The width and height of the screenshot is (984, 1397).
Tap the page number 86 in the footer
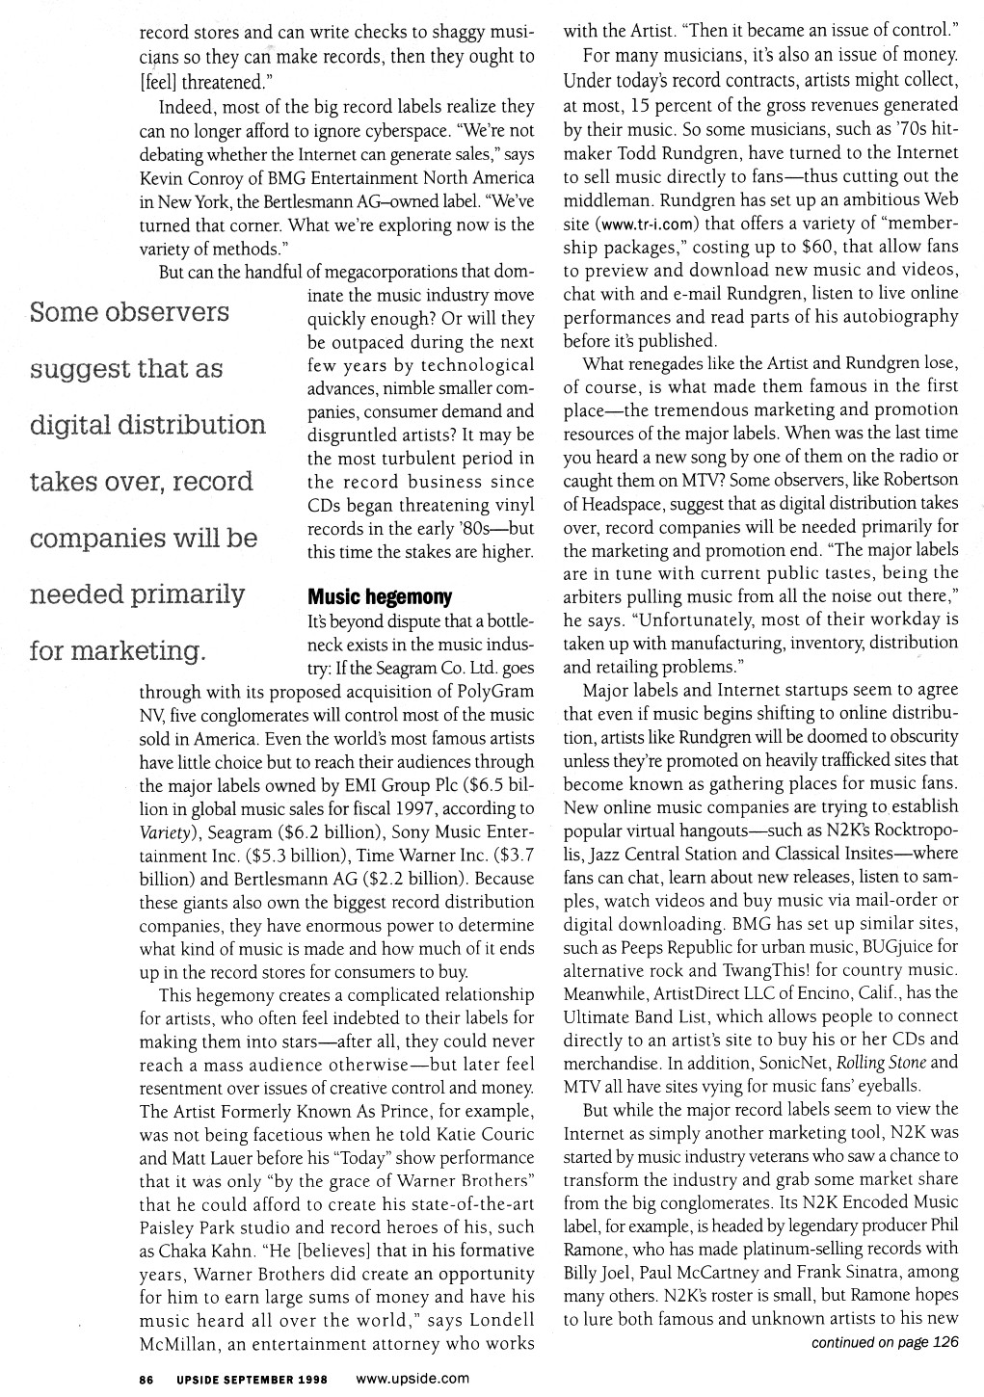[x=146, y=1379]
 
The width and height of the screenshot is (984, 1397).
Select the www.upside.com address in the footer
[x=412, y=1379]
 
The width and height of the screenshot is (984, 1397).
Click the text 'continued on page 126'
[x=884, y=1341]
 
